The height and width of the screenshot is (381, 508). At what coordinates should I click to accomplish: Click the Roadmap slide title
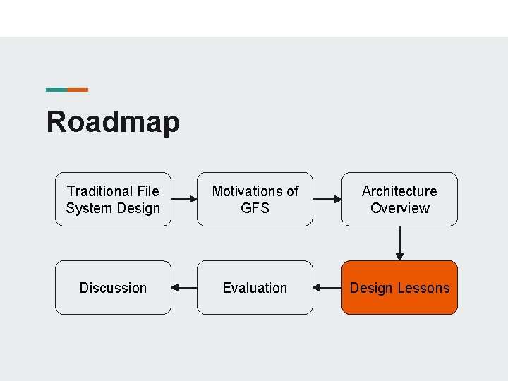point(113,121)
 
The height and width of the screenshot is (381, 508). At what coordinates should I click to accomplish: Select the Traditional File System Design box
point(113,199)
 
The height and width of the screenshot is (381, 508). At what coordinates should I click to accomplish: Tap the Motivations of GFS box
point(255,199)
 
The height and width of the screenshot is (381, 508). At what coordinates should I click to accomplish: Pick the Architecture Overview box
point(399,199)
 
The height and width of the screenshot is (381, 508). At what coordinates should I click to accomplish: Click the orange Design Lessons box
point(399,287)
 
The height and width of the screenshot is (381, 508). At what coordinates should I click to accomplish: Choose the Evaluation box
point(255,287)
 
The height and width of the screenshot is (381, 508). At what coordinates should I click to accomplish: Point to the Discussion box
point(113,287)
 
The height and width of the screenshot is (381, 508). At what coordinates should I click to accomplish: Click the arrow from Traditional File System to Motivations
point(184,200)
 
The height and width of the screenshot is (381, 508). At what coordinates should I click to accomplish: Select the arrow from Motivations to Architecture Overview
point(327,200)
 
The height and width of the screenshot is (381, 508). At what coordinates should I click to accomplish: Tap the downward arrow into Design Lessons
point(400,243)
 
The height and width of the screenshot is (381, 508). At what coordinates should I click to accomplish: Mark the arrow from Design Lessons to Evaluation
point(327,288)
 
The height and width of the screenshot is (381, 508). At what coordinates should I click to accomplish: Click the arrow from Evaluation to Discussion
point(184,288)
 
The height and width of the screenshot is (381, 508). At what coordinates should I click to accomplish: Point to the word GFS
point(255,208)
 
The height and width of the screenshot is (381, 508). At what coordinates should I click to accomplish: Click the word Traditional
point(99,191)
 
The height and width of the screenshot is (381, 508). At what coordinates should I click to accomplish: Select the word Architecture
point(399,191)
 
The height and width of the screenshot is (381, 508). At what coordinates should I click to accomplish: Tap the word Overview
point(399,208)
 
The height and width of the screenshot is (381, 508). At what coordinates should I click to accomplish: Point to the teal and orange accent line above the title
point(67,90)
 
